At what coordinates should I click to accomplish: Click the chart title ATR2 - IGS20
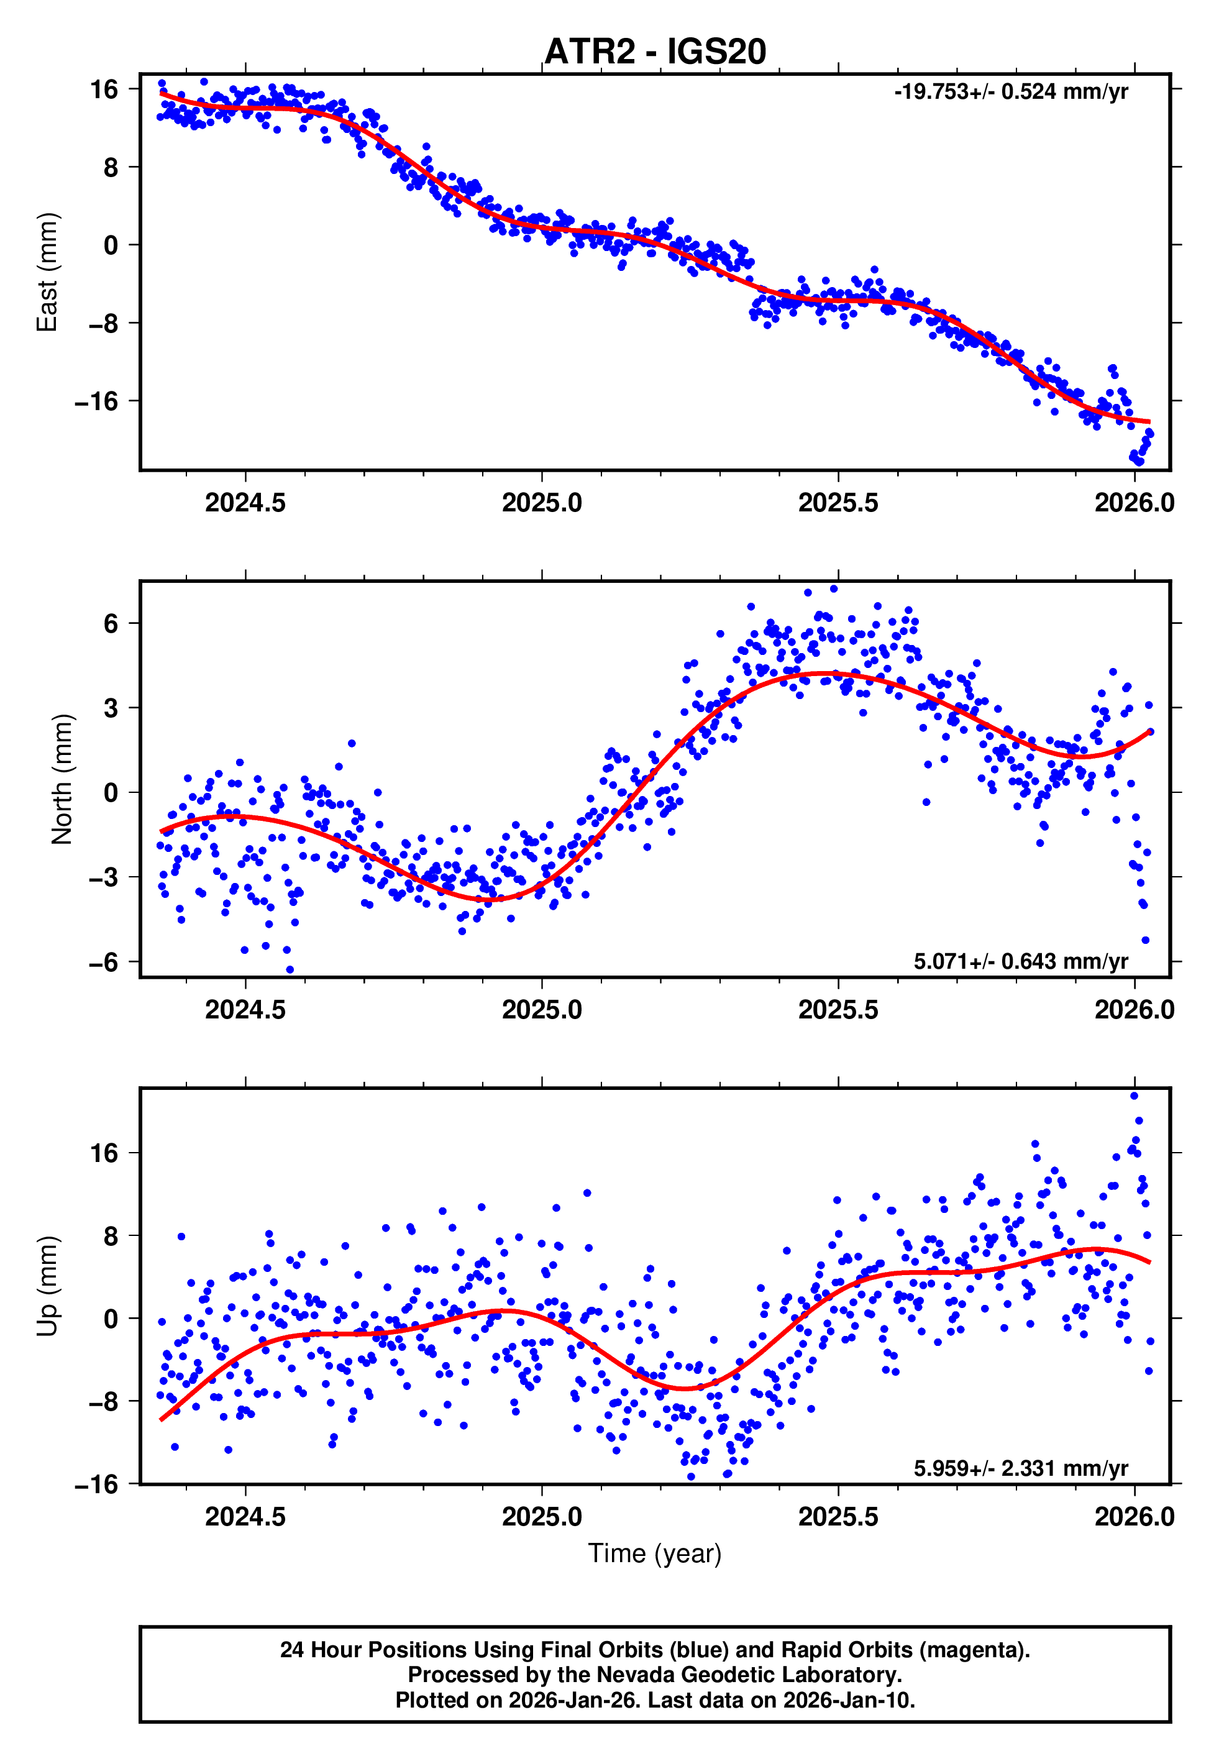point(655,52)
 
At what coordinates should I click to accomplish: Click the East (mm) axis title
point(47,272)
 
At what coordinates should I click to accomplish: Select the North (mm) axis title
point(62,779)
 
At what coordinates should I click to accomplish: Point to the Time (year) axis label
point(655,1553)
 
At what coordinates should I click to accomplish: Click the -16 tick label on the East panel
point(97,401)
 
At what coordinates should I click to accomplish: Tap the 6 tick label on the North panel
point(111,623)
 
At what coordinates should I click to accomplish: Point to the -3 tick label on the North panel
point(104,877)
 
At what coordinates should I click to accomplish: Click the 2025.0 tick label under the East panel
point(542,503)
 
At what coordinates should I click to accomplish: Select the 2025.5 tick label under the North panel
point(838,1010)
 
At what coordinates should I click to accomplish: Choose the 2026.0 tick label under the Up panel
point(1135,1517)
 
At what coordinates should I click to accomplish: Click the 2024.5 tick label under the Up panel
point(245,1517)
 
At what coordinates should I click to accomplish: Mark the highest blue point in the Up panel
point(1135,1096)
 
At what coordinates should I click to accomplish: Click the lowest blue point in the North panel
point(290,970)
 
